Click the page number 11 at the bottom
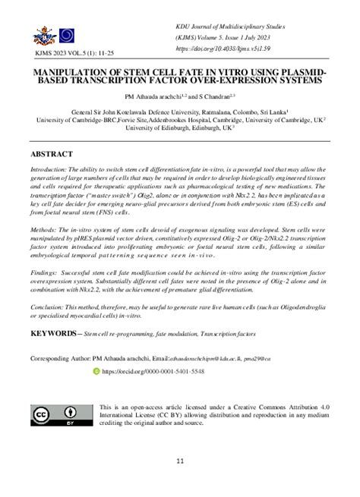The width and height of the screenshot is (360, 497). [180, 461]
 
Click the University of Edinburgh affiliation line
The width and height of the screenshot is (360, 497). [178, 127]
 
